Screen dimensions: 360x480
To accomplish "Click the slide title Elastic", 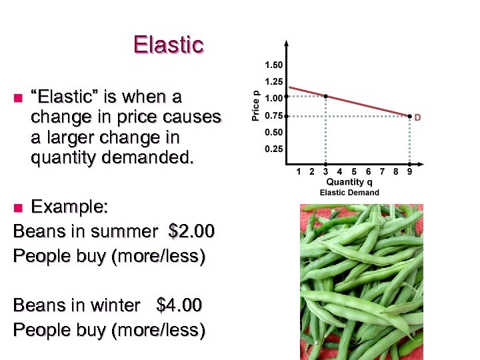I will [168, 45].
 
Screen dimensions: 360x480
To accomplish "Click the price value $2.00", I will [192, 231].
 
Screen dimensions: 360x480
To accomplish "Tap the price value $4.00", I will [179, 305].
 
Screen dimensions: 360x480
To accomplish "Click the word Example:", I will [69, 207].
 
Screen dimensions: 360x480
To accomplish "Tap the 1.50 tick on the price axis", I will [273, 65].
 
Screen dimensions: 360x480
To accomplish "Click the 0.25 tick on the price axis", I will [273, 148].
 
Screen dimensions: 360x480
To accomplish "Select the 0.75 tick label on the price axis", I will [273, 115].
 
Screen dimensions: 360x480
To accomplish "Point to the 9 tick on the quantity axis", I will [409, 172].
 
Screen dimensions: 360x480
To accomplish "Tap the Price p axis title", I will [255, 105].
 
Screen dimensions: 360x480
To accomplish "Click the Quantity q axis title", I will [351, 183].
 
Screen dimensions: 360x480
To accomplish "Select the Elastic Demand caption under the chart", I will [349, 193].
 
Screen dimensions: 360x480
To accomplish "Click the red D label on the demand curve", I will [418, 118].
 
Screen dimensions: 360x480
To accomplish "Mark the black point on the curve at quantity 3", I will [325, 97].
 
